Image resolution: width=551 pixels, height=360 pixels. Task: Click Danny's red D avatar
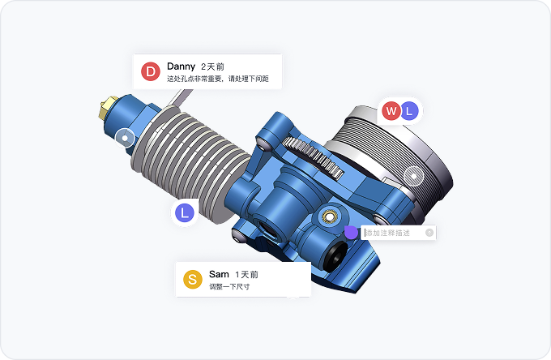(x=151, y=71)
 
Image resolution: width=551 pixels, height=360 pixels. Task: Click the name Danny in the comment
(x=181, y=66)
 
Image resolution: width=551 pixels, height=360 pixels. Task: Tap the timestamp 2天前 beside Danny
(x=212, y=66)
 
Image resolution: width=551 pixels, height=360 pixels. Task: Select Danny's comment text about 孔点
(x=218, y=79)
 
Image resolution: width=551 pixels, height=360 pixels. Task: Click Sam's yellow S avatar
(x=193, y=280)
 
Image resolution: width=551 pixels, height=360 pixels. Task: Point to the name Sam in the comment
(x=219, y=274)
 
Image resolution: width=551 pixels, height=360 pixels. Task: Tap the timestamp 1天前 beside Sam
(x=246, y=275)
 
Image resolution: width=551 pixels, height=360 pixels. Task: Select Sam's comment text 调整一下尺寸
(x=229, y=287)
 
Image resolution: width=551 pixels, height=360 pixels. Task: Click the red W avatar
(x=391, y=111)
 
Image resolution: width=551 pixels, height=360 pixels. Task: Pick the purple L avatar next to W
(x=409, y=111)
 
